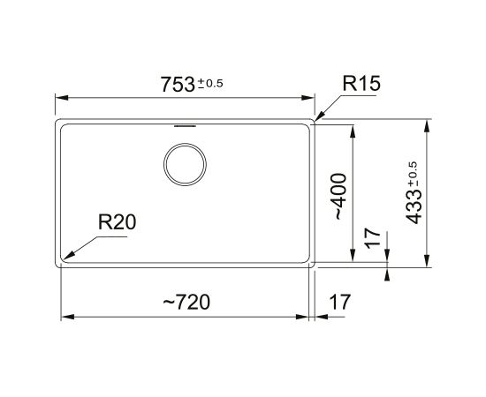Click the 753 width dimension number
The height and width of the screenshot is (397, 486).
pyautogui.click(x=178, y=85)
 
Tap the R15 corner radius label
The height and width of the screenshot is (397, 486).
pyautogui.click(x=361, y=83)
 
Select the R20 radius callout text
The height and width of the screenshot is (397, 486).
pyautogui.click(x=117, y=221)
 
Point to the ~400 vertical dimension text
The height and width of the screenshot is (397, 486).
pyautogui.click(x=338, y=197)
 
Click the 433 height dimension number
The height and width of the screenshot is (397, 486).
pyautogui.click(x=414, y=206)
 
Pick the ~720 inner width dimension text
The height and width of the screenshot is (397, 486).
pyautogui.click(x=186, y=302)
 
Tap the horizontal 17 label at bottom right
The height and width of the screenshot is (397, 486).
pyautogui.click(x=339, y=302)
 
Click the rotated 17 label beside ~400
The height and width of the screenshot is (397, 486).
pyautogui.click(x=373, y=238)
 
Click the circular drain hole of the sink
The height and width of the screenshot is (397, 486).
pyautogui.click(x=185, y=165)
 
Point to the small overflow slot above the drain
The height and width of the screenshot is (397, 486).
pyautogui.click(x=185, y=126)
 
